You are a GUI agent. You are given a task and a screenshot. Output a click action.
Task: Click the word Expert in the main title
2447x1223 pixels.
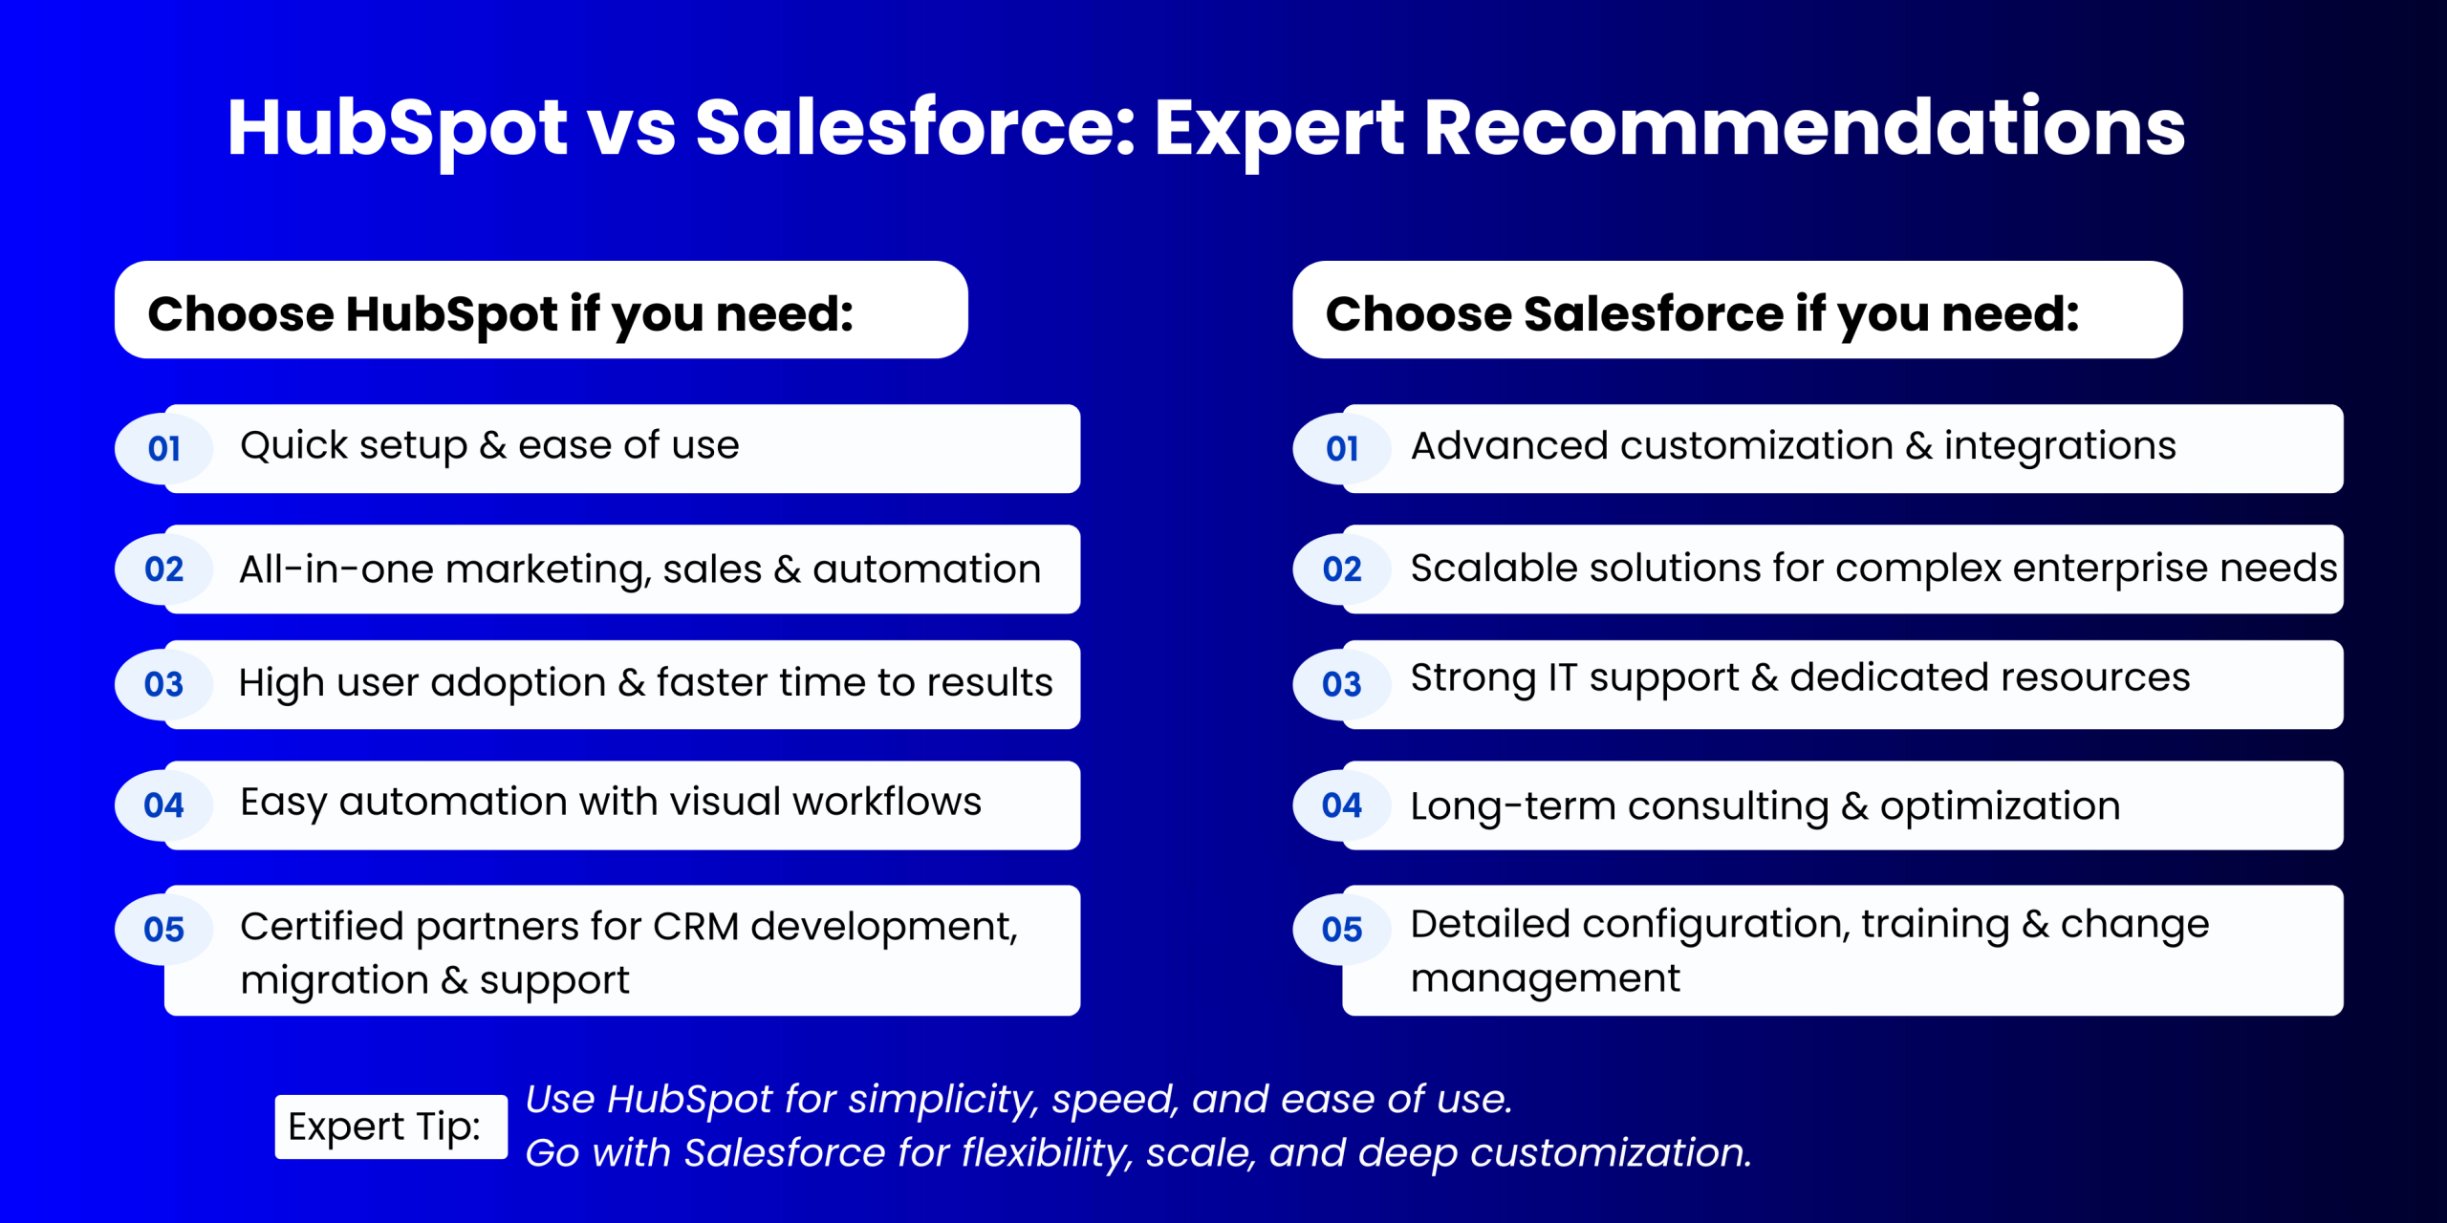[x=1279, y=129]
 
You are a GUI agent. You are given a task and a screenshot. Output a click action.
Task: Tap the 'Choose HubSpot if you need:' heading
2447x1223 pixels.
[x=501, y=314]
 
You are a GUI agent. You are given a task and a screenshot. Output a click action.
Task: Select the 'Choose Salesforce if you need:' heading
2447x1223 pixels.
[x=1702, y=314]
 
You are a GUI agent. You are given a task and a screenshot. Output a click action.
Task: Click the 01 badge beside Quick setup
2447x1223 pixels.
[x=164, y=448]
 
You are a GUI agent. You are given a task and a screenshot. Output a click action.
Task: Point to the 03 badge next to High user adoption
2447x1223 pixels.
[x=164, y=684]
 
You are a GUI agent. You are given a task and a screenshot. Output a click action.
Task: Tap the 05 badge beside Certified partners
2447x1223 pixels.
[x=164, y=930]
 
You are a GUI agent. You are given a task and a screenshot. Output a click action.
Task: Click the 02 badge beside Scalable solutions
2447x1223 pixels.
[x=1342, y=569]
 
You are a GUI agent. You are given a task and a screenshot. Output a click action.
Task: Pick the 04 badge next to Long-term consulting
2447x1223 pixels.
[x=1342, y=805]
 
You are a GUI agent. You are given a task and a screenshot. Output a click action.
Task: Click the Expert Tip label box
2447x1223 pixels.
[x=391, y=1126]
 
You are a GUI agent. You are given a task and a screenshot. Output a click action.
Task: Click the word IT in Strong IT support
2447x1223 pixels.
[x=1562, y=677]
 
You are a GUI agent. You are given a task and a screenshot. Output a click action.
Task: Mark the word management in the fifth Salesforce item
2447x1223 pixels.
[x=1546, y=979]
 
